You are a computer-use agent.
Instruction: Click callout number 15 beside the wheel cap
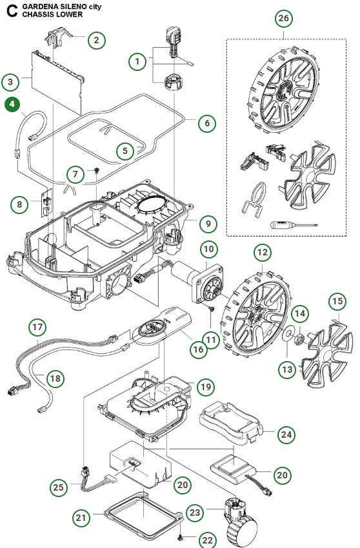(336, 302)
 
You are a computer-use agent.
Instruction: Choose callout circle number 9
(208, 224)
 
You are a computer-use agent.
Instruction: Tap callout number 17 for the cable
(38, 328)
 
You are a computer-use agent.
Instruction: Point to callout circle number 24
(286, 435)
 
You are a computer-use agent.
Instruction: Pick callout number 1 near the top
(137, 62)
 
